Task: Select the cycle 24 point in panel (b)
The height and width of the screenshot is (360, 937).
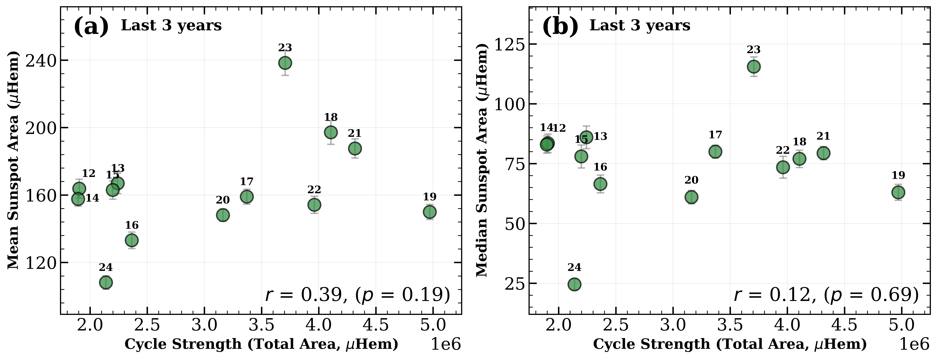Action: pyautogui.click(x=574, y=284)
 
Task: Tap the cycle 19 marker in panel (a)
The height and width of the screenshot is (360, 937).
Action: pyautogui.click(x=430, y=212)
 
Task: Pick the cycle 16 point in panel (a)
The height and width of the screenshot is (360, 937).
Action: pyautogui.click(x=132, y=240)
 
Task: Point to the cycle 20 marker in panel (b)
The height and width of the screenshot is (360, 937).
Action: pyautogui.click(x=691, y=197)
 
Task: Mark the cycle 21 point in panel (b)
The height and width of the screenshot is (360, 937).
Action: pyautogui.click(x=823, y=153)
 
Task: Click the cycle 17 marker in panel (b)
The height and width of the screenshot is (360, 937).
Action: pyautogui.click(x=715, y=152)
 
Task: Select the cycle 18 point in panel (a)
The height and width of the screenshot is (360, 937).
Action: pyautogui.click(x=331, y=132)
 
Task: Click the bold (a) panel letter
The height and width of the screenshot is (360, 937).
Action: pyautogui.click(x=91, y=27)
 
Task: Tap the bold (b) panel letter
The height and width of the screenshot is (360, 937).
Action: pyautogui.click(x=560, y=27)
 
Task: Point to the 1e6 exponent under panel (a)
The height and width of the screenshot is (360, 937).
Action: pyautogui.click(x=446, y=344)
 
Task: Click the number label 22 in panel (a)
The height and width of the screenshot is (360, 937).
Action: pyautogui.click(x=314, y=190)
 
